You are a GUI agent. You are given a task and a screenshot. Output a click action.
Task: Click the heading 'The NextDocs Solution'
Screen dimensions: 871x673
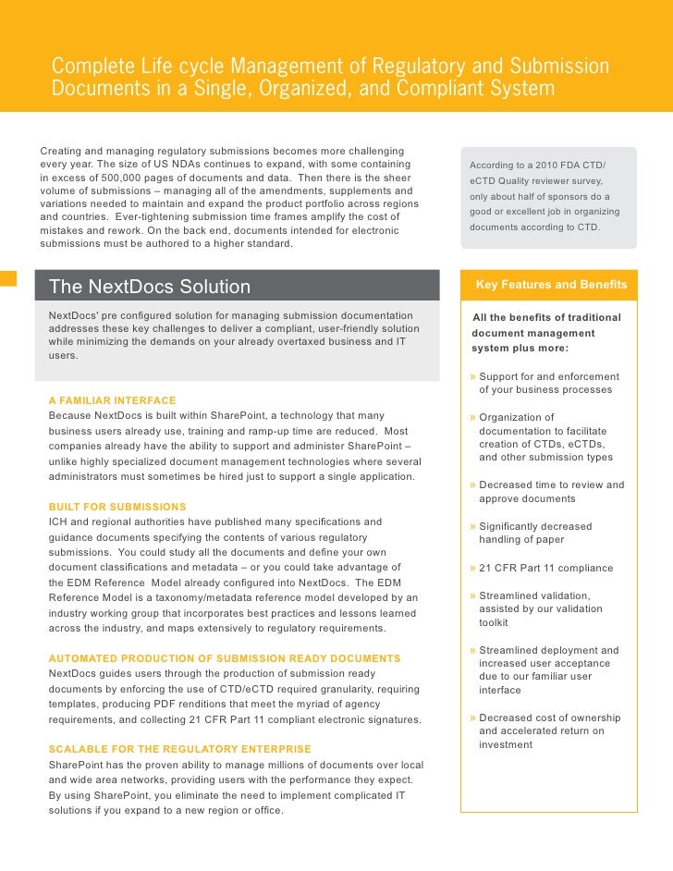click(x=149, y=287)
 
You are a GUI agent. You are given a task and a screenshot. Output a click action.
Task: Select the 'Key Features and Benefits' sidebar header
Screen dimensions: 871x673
click(x=551, y=285)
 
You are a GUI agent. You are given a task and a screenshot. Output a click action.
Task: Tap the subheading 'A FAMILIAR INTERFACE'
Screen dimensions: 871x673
click(x=112, y=400)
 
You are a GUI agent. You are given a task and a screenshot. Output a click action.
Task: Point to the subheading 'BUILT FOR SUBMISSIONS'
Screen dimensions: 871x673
click(x=117, y=507)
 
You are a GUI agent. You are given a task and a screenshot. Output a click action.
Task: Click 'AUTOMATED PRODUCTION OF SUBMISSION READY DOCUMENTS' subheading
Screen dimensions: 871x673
click(x=225, y=658)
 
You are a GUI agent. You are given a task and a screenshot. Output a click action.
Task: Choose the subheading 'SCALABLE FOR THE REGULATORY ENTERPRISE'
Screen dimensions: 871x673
click(x=179, y=749)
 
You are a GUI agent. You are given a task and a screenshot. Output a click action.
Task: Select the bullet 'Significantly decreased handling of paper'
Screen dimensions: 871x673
click(x=535, y=533)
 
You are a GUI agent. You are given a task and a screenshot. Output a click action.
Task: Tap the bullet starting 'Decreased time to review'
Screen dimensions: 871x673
click(x=551, y=491)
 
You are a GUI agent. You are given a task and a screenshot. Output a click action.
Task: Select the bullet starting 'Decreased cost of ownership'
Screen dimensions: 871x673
click(x=549, y=730)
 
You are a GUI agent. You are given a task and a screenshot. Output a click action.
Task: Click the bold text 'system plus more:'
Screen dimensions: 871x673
click(x=520, y=349)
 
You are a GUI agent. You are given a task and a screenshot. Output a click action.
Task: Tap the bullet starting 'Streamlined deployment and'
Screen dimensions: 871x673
click(x=549, y=669)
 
